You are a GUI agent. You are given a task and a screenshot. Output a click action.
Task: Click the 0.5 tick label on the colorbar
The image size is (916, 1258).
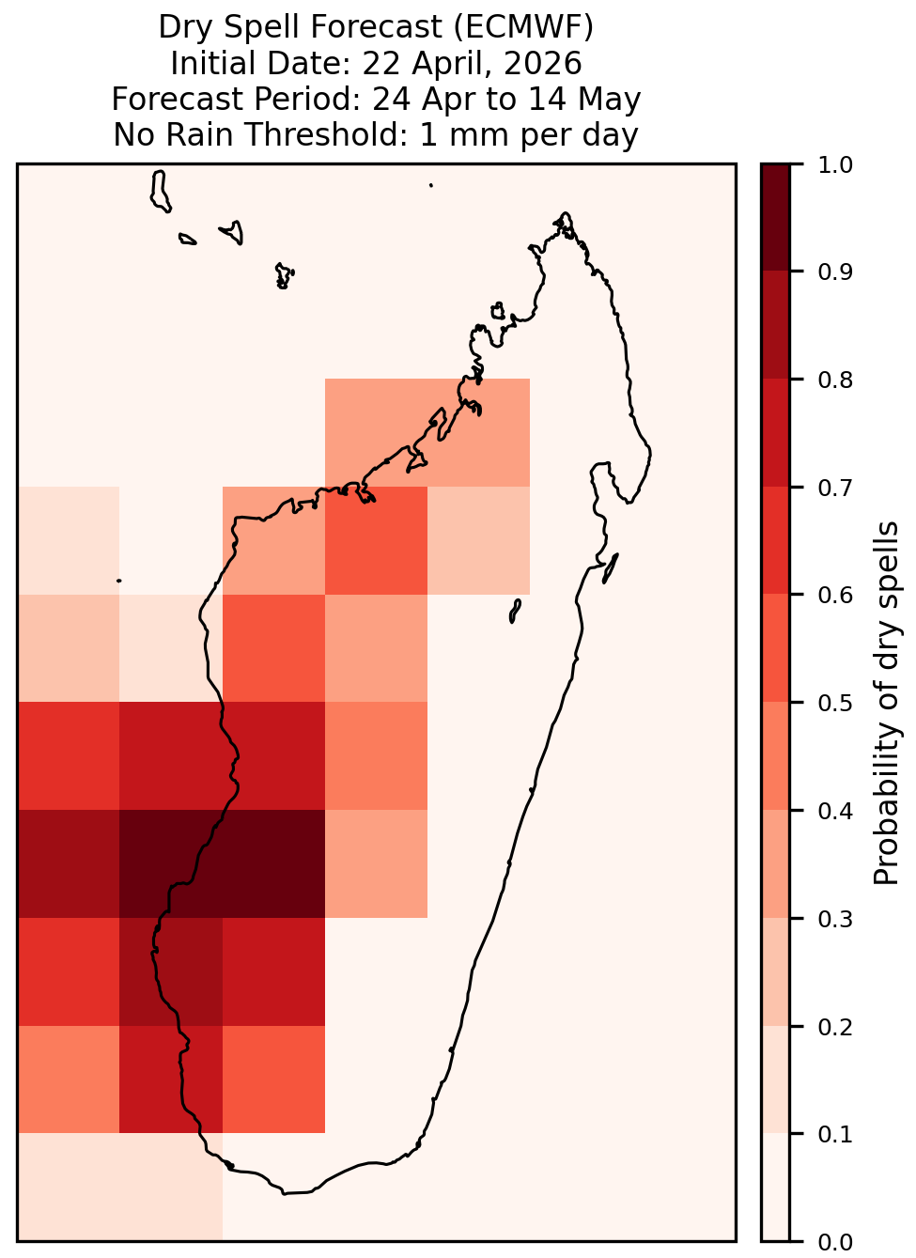point(834,703)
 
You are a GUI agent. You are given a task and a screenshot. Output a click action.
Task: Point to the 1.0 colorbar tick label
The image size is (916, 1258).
point(834,165)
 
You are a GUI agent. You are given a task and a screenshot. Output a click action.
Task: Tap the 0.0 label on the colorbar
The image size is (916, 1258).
point(834,1242)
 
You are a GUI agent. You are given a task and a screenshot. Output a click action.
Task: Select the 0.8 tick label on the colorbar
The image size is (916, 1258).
point(834,380)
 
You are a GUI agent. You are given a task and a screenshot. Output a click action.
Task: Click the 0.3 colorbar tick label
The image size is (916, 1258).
point(834,919)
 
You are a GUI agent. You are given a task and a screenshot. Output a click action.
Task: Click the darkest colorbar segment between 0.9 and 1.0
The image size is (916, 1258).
point(776,217)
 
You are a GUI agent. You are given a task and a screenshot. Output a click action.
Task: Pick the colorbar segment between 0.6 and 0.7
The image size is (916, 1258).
point(776,540)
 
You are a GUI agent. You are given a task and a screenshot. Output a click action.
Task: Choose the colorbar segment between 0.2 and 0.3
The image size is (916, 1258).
point(776,971)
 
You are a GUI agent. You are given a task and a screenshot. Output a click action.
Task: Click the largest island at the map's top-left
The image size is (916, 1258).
point(160,192)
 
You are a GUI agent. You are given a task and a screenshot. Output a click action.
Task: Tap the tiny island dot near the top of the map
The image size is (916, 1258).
point(431,185)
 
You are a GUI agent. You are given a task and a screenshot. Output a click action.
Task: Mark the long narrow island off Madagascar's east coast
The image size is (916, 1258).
point(611,568)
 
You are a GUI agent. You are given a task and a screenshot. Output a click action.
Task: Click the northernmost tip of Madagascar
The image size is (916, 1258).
point(565,213)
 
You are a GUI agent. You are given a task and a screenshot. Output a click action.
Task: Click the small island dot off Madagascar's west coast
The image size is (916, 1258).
point(119,581)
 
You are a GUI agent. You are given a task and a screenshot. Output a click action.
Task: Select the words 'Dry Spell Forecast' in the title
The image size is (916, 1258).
point(301,26)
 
